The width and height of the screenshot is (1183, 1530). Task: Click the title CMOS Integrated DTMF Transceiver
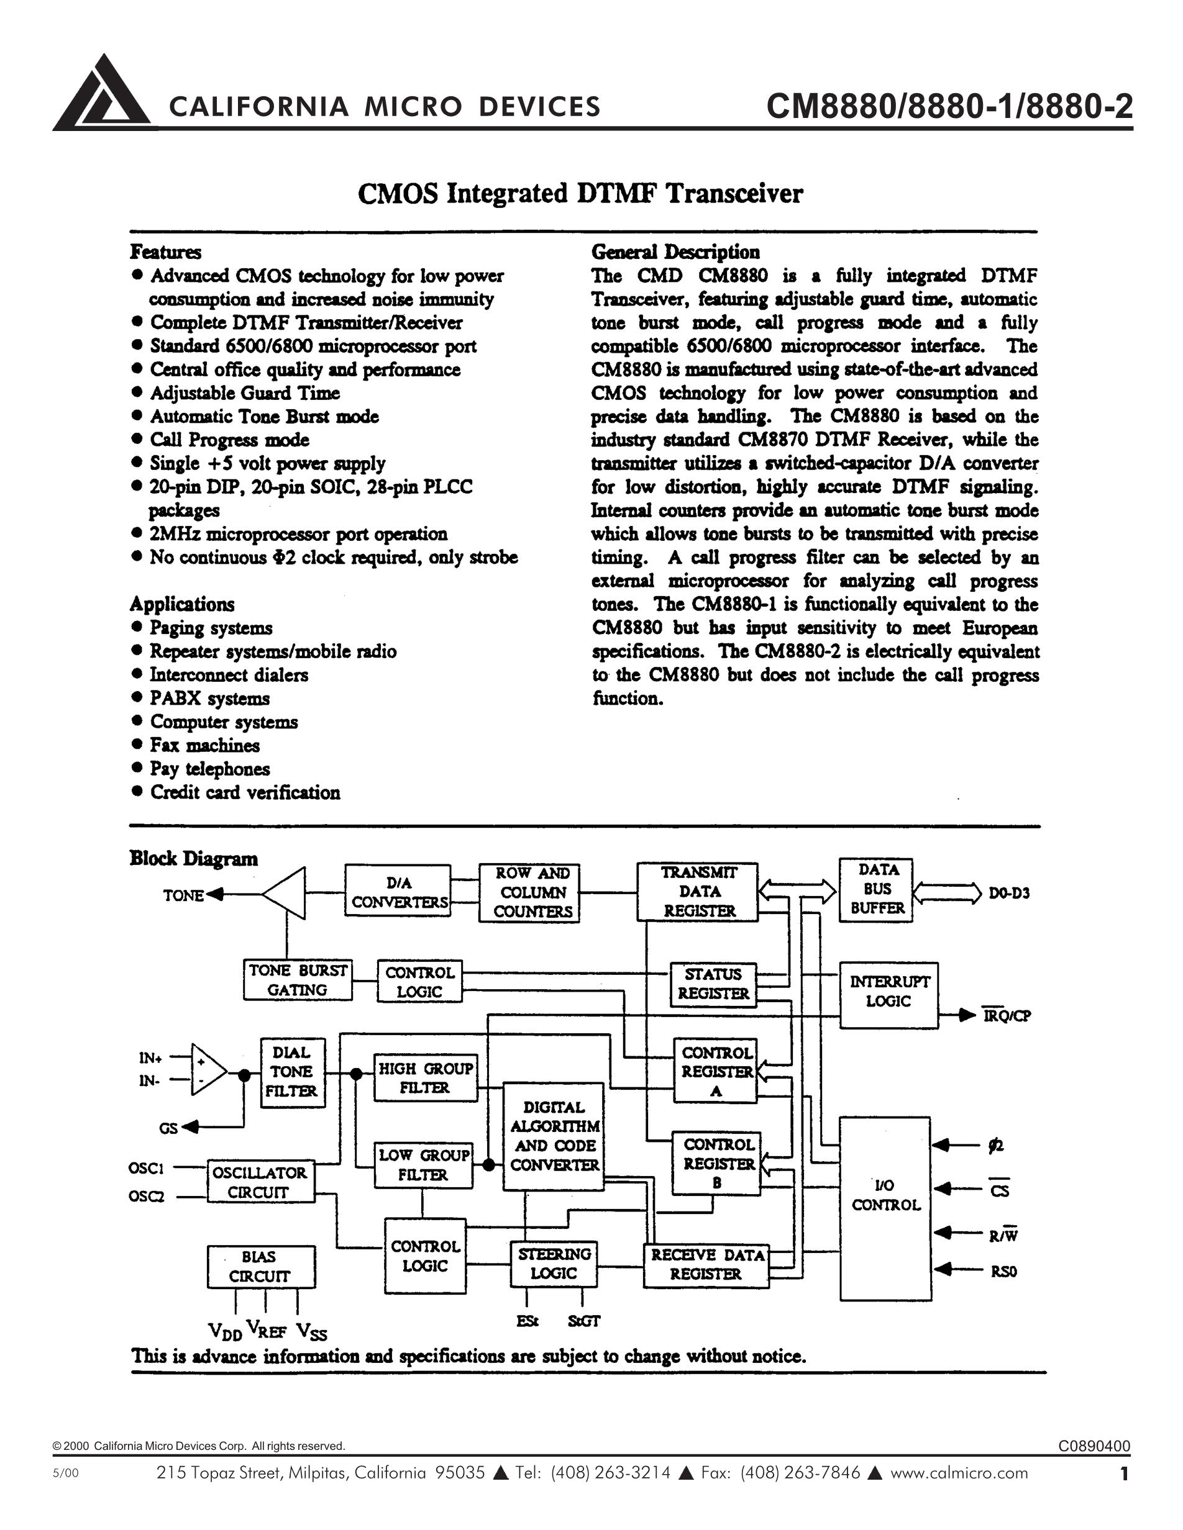[x=580, y=193]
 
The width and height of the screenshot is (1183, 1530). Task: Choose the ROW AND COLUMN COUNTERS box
[x=529, y=892]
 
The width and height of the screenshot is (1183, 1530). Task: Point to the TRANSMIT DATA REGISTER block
[x=697, y=891]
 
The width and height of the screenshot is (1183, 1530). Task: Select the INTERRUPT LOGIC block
[x=888, y=994]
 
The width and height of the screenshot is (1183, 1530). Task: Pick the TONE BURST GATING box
[x=298, y=980]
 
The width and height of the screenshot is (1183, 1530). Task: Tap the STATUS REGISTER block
[x=713, y=984]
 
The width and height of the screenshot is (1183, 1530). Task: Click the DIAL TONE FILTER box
[x=292, y=1072]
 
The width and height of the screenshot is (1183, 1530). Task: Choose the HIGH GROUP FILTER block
[x=425, y=1078]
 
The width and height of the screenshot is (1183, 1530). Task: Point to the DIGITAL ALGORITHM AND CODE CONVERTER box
[x=554, y=1136]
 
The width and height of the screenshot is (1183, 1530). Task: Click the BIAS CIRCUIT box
[x=261, y=1267]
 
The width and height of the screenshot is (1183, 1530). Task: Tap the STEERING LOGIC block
[x=554, y=1264]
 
